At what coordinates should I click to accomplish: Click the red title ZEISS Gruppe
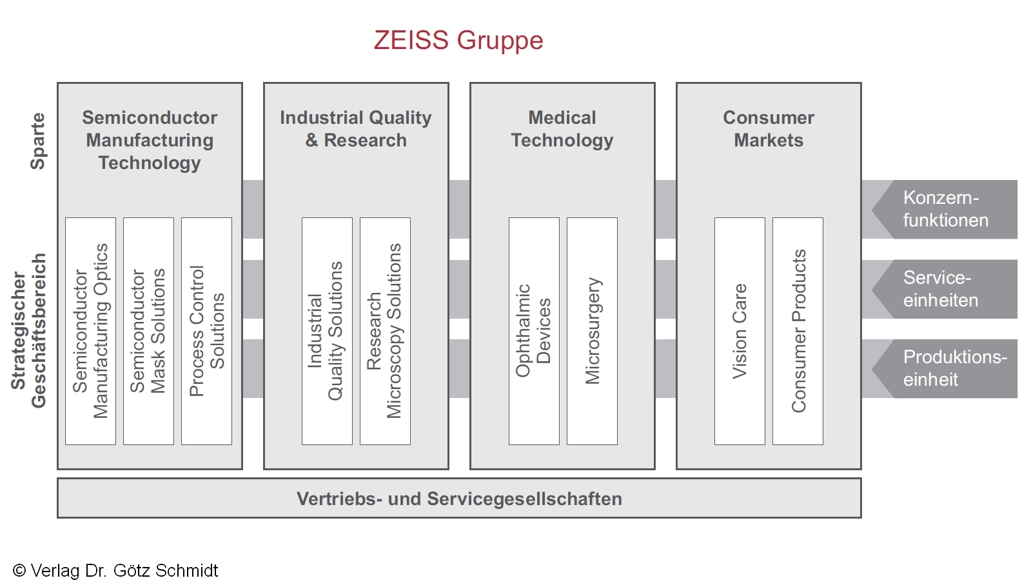pos(458,40)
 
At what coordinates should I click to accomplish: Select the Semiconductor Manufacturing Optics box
pos(90,331)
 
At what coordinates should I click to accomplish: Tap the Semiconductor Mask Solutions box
pos(148,331)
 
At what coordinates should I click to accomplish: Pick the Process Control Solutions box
pos(206,331)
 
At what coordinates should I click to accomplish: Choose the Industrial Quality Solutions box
pos(327,331)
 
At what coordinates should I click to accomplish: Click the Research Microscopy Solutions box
pos(385,331)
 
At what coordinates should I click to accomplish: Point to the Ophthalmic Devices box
pos(534,331)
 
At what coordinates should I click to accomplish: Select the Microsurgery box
pos(592,331)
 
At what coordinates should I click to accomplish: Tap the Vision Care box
pos(740,331)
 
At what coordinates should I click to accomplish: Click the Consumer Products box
pos(798,331)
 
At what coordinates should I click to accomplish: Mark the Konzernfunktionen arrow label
pos(945,209)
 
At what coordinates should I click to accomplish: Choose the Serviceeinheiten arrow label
pos(941,289)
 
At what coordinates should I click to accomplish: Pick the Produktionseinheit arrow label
pos(954,368)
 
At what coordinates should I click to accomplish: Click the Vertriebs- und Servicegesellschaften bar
pos(459,499)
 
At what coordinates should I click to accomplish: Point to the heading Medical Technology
pos(562,129)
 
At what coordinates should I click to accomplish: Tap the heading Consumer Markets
pos(769,129)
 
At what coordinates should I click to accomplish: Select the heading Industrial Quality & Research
pos(356,129)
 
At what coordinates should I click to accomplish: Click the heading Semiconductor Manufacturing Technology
pos(150,140)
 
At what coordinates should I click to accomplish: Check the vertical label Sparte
pos(38,141)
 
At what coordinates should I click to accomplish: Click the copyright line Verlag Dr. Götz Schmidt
pos(116,571)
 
